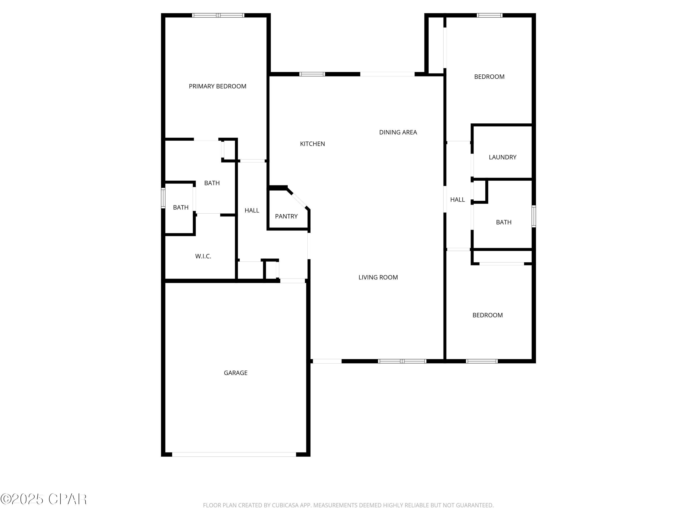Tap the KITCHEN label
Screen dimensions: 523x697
312,144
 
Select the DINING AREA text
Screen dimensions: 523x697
398,132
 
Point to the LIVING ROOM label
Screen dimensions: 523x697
378,277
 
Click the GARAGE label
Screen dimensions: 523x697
235,373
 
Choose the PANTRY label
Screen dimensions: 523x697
286,216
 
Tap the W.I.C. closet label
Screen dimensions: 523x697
203,256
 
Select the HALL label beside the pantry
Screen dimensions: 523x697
252,211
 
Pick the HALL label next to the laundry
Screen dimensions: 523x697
457,199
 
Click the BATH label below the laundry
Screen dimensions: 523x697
503,222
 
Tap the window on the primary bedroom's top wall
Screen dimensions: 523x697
218,15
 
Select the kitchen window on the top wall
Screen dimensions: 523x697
312,74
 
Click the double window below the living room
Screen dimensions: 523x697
402,361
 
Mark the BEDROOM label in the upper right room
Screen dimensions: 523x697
489,77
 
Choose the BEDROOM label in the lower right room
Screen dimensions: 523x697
487,315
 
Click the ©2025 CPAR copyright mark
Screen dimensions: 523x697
43,499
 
